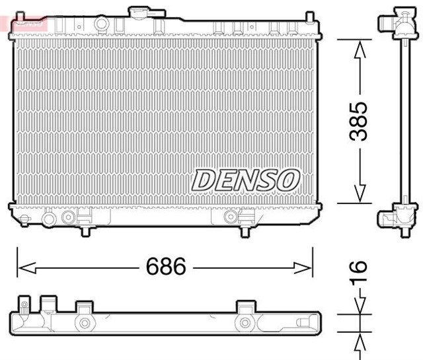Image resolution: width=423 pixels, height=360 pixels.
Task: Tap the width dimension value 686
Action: coord(163,268)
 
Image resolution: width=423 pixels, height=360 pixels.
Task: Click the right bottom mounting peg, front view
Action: coord(243,232)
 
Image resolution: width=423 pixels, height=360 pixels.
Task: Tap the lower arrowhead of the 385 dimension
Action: coord(359,193)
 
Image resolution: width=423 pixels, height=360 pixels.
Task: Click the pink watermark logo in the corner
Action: coord(25,22)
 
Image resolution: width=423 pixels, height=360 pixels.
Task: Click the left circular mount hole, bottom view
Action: coord(84,323)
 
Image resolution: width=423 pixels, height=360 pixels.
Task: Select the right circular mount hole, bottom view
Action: coord(246,323)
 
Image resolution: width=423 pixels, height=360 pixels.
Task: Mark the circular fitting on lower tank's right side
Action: coord(230,217)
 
